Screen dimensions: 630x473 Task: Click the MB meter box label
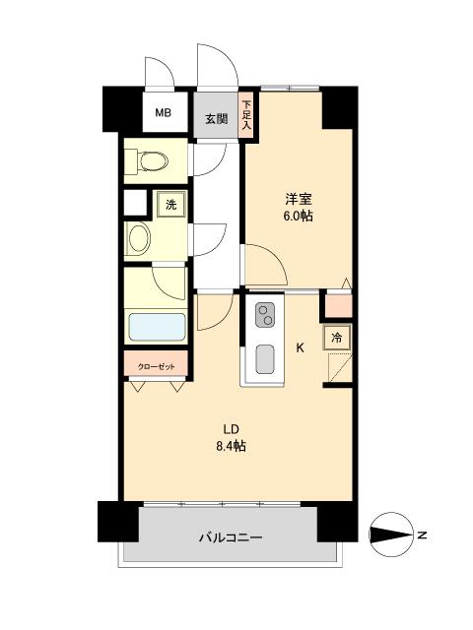coord(163,113)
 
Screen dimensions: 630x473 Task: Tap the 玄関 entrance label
coord(217,119)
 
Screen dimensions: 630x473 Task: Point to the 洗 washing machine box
coord(170,205)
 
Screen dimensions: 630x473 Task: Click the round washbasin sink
coord(139,238)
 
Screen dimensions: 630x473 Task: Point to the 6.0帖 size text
coord(299,216)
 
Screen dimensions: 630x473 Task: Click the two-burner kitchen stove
coord(266,315)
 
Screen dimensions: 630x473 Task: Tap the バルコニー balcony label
coord(230,537)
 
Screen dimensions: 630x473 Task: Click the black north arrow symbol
coord(390,535)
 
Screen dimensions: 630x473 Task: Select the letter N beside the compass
coord(422,535)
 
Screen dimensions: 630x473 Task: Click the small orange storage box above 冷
coord(337,306)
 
